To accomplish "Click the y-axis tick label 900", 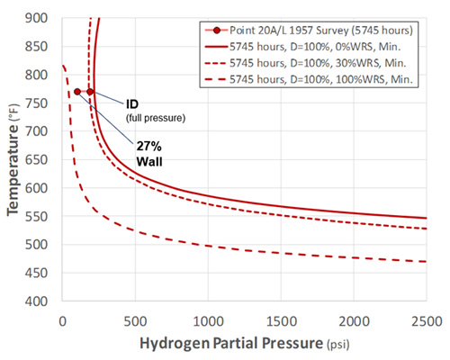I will (37, 18).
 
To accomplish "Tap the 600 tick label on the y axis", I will (37, 188).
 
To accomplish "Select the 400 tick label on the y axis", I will (37, 301).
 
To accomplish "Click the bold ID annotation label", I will (131, 104).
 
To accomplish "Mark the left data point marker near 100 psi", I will (77, 92).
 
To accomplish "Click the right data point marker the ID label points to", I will (90, 92).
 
